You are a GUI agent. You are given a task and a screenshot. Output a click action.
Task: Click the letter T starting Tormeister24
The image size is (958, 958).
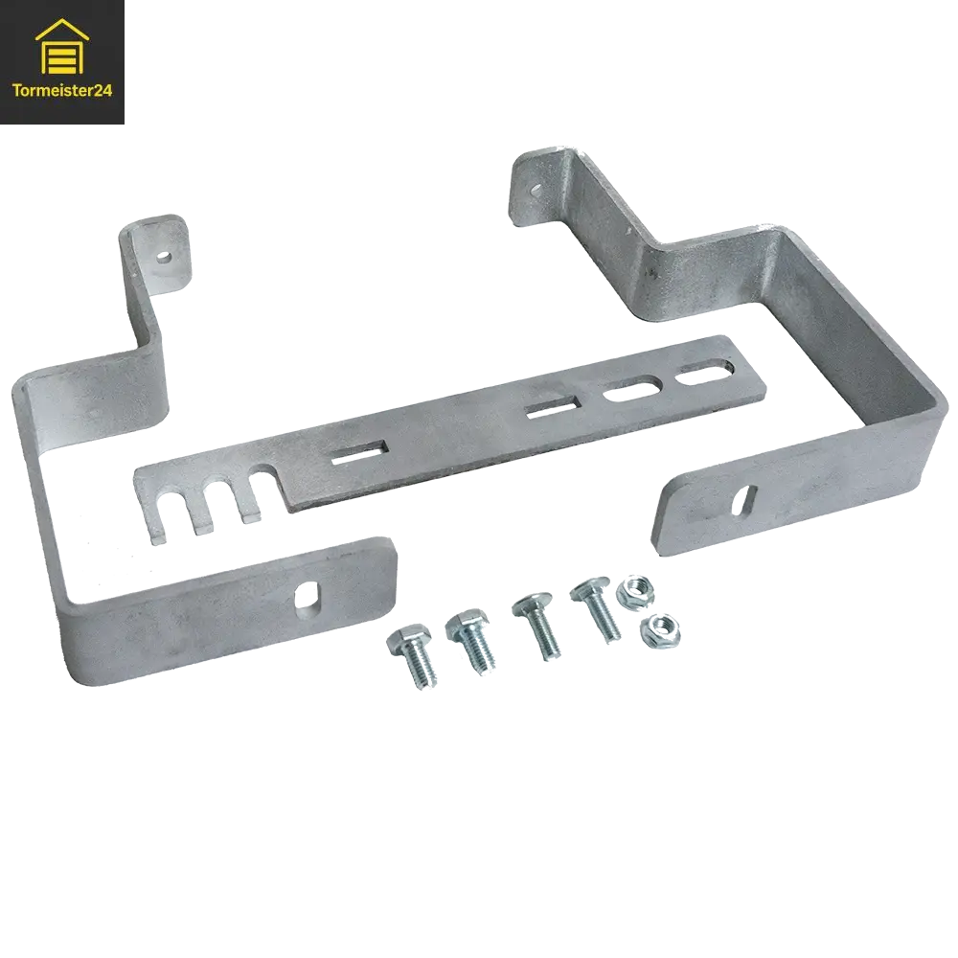pos(16,91)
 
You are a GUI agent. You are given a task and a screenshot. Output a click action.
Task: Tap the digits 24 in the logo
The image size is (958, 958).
pos(103,91)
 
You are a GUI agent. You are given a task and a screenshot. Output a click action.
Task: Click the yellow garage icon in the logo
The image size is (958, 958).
pos(62,47)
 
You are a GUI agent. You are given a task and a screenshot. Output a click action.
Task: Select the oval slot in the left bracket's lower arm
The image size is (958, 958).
pos(305,596)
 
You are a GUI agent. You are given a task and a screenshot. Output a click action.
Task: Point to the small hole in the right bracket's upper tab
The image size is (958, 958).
pos(536,189)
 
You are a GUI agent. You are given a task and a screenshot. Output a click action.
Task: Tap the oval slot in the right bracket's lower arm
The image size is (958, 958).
pos(746,500)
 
